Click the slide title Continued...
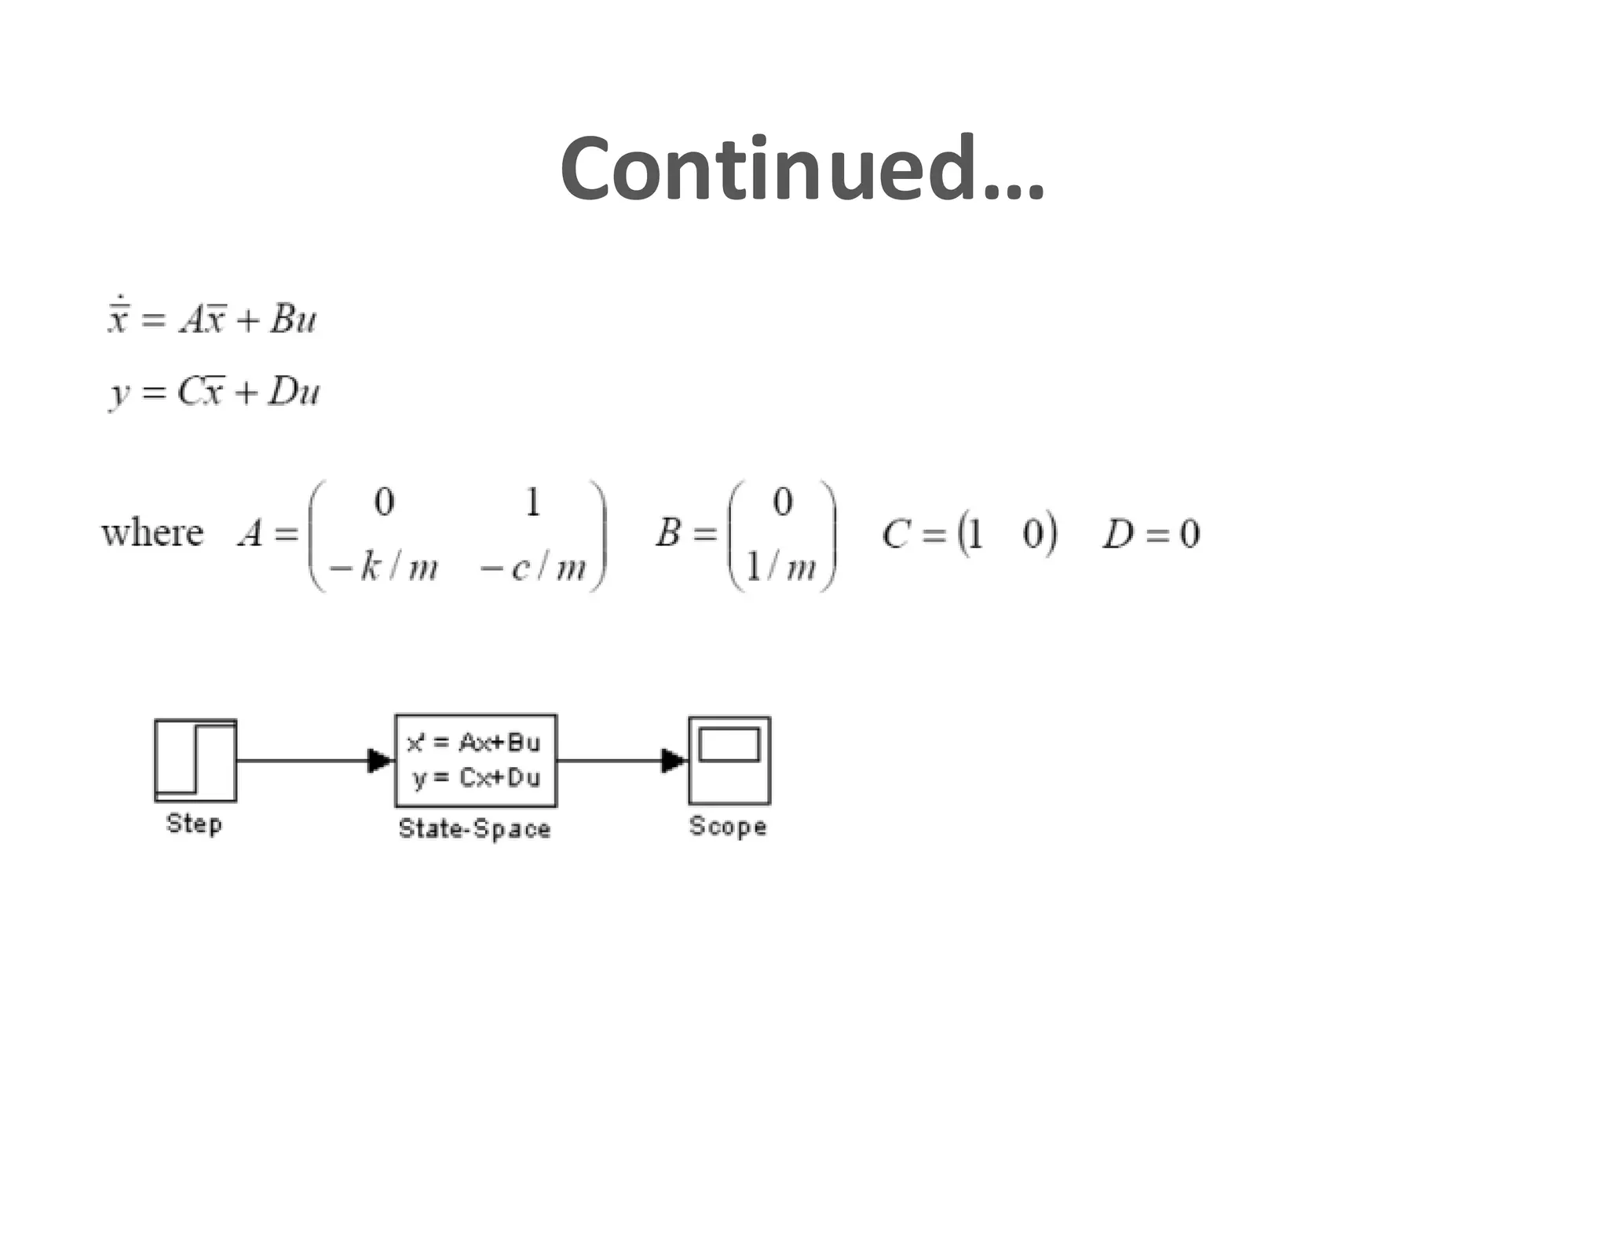coord(801,168)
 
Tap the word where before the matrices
coord(152,533)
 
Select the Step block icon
coord(196,760)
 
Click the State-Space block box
coord(476,760)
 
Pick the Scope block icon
coord(729,760)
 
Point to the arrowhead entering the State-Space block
coord(380,760)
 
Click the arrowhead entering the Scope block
coord(674,760)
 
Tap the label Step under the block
coord(194,824)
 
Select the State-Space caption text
coord(474,828)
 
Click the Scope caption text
coord(728,826)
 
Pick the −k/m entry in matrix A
coord(384,567)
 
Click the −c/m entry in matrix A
coord(534,567)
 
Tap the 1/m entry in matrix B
coord(781,567)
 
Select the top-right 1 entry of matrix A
coord(533,502)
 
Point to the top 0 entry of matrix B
coord(782,502)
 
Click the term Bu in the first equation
coord(293,319)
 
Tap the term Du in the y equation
coord(294,391)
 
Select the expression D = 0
coord(1151,534)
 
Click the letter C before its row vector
coord(896,534)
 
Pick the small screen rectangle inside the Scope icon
coord(729,744)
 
